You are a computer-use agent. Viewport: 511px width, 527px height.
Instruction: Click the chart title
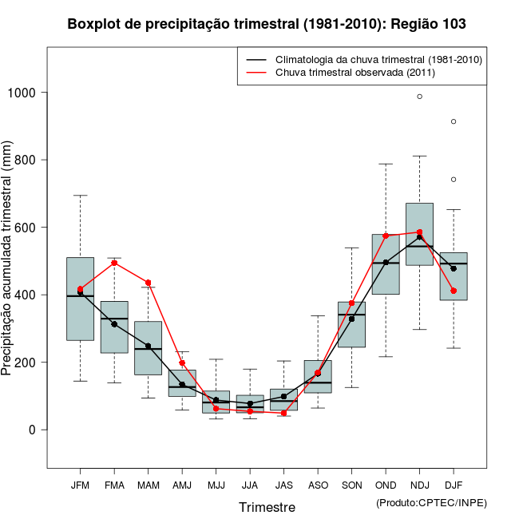click(267, 25)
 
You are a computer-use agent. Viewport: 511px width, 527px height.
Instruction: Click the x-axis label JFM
click(80, 485)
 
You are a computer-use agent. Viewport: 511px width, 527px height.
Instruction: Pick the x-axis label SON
click(351, 485)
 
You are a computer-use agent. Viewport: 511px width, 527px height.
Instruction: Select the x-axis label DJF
click(454, 485)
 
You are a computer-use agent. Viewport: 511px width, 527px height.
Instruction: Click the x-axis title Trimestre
click(267, 507)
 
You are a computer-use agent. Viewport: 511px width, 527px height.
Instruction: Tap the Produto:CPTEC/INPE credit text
click(431, 503)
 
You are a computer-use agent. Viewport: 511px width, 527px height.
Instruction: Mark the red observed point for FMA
click(114, 263)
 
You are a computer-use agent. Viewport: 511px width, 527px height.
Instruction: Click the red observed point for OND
click(386, 236)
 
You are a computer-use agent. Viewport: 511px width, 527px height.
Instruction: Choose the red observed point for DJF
click(454, 291)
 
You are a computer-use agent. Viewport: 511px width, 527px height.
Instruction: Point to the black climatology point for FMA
click(114, 324)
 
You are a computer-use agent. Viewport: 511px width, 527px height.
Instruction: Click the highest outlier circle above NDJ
click(420, 97)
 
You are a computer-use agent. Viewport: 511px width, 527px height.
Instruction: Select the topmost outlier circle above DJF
click(454, 121)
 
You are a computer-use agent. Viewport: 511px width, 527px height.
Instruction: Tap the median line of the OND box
click(386, 263)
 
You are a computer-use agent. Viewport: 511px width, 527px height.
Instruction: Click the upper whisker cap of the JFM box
click(80, 196)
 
